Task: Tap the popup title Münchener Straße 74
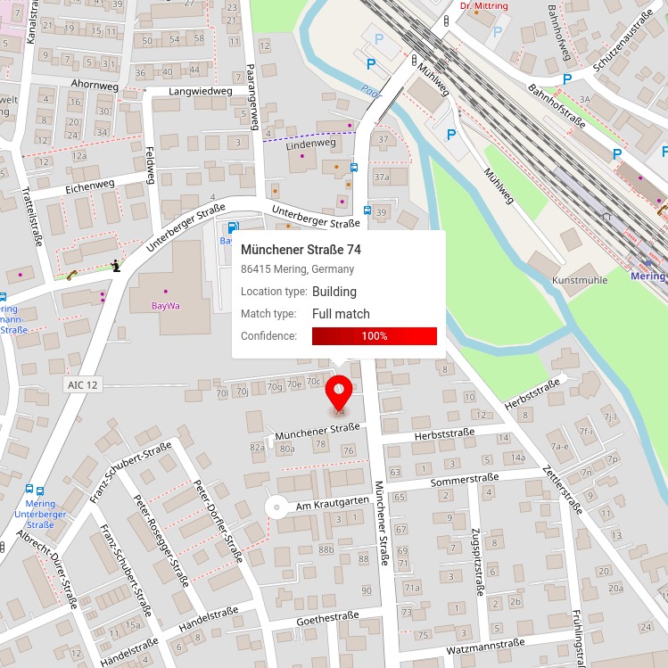[x=301, y=249]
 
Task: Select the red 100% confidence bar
[x=374, y=336]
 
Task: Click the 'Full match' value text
[x=341, y=314]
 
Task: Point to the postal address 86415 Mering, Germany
[x=297, y=269]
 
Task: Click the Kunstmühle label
[x=580, y=280]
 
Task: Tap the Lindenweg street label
[x=310, y=143]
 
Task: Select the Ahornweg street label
[x=93, y=86]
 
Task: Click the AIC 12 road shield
[x=82, y=384]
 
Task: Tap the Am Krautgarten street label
[x=332, y=504]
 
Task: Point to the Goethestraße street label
[x=326, y=615]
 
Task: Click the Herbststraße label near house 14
[x=444, y=433]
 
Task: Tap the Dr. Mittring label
[x=482, y=6]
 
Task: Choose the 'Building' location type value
[x=334, y=292]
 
